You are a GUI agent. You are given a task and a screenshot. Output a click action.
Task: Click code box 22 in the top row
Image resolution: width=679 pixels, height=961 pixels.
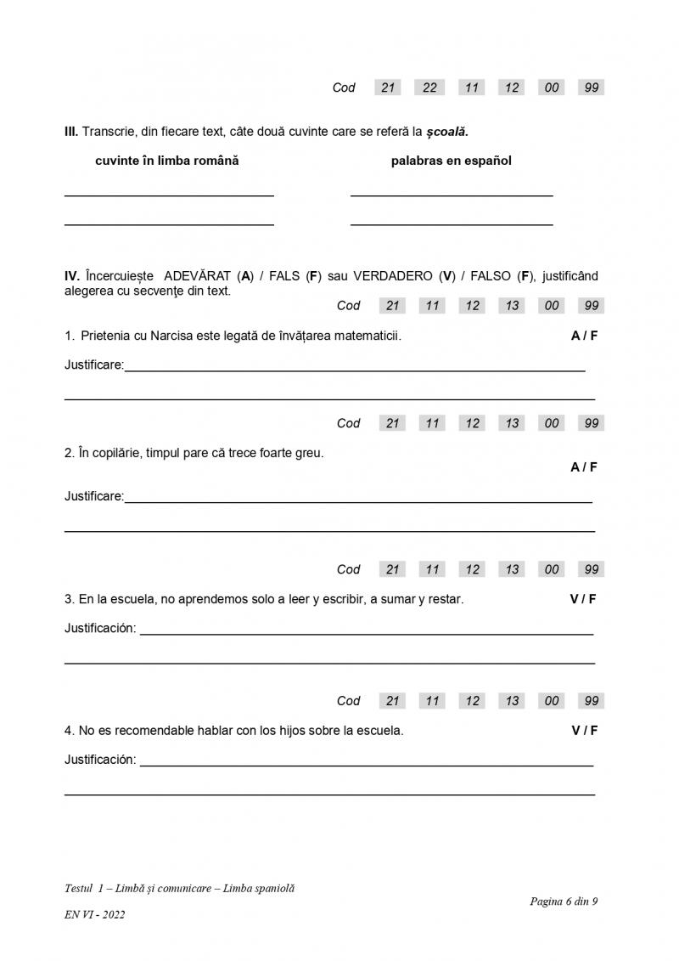pyautogui.click(x=429, y=88)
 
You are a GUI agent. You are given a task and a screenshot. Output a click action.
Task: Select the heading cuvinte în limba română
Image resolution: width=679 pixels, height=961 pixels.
pyautogui.click(x=167, y=161)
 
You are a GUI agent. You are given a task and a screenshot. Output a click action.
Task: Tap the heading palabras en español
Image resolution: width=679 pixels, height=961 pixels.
pyautogui.click(x=451, y=161)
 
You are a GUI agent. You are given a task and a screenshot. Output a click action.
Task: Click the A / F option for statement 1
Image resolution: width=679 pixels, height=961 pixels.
pyautogui.click(x=584, y=336)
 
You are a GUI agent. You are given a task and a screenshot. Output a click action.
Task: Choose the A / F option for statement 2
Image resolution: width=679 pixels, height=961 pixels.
pyautogui.click(x=584, y=467)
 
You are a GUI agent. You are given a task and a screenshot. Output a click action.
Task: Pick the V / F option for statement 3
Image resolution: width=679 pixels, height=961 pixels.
pyautogui.click(x=583, y=599)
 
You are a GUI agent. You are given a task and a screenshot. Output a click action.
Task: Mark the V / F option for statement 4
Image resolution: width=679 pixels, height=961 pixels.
pyautogui.click(x=584, y=731)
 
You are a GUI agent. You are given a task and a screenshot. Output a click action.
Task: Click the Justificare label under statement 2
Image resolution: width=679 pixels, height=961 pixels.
pyautogui.click(x=94, y=496)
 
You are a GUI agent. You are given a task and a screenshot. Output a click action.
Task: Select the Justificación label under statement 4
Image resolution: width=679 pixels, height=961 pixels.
pyautogui.click(x=100, y=760)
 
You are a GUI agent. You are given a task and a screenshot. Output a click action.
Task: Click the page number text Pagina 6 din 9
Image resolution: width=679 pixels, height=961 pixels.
pyautogui.click(x=564, y=902)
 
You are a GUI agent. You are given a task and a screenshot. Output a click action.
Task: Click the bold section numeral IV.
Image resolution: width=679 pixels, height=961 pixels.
pyautogui.click(x=71, y=276)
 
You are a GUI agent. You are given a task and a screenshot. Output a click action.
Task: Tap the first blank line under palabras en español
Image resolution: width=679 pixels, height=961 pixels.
pyautogui.click(x=452, y=195)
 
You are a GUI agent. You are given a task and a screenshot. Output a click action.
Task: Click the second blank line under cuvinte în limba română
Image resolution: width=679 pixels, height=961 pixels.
pyautogui.click(x=169, y=224)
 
